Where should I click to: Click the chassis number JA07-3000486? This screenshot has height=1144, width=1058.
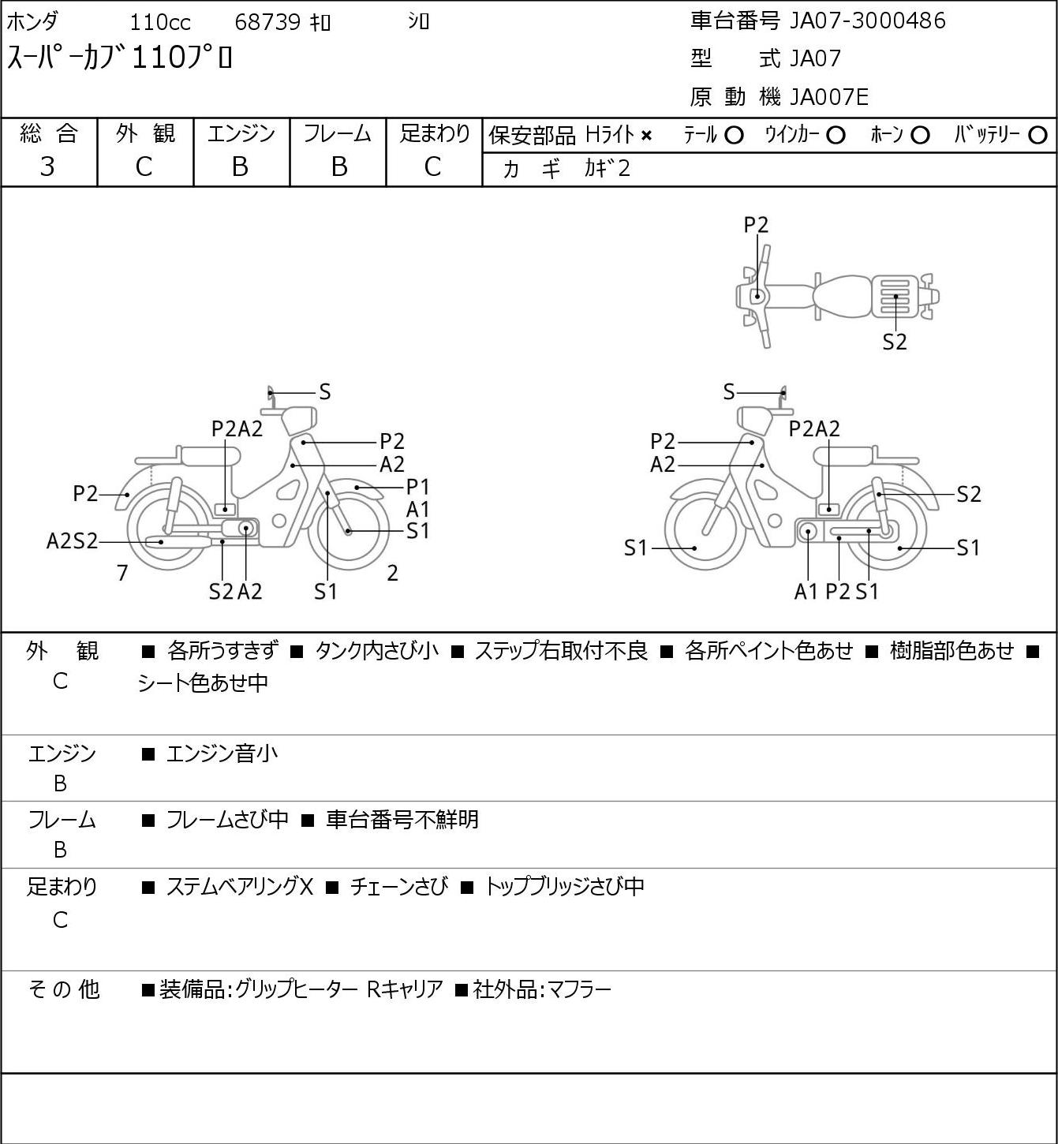867,21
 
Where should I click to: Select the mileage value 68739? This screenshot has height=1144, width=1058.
267,22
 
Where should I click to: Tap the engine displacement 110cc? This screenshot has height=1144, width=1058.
159,22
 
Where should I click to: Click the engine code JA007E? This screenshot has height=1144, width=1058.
828,97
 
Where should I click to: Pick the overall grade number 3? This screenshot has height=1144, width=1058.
47,166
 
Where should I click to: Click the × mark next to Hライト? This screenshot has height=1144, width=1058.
646,136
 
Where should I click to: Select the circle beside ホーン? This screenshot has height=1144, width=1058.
920,136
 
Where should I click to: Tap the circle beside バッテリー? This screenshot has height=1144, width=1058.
1037,136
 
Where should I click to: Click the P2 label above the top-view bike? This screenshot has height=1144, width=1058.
756,225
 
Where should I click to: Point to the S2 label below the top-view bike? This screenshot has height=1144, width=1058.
895,342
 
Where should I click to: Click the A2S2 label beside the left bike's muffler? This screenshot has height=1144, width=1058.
72,541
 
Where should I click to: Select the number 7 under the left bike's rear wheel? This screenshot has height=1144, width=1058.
122,573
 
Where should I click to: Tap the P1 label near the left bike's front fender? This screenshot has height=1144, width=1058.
418,488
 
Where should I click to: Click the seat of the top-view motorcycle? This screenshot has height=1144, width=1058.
842,297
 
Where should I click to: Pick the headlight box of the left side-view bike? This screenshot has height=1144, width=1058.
300,421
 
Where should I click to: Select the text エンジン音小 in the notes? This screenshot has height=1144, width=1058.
222,753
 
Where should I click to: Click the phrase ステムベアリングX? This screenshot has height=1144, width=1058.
239,886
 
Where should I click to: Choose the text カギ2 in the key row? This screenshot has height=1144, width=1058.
608,168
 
